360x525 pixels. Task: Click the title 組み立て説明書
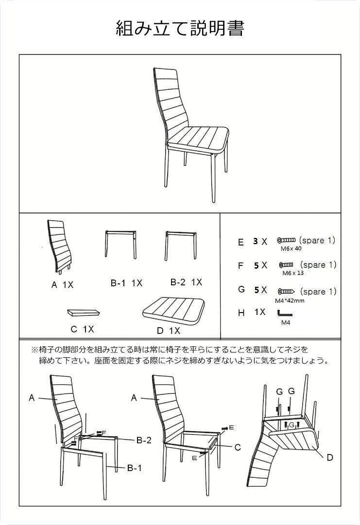point(180,29)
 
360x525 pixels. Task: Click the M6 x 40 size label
point(291,248)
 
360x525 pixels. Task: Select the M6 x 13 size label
point(293,273)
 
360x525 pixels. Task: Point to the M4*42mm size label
point(290,300)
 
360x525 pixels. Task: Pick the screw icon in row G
point(286,291)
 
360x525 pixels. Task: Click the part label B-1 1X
point(126,283)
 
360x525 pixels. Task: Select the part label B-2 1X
point(186,282)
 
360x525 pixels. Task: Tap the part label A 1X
point(62,285)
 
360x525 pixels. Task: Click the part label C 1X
point(82,329)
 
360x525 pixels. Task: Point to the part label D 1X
point(168,331)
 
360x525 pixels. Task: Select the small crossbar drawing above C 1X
point(83,311)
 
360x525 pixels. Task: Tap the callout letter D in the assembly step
point(329,457)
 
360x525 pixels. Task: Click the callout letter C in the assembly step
point(238,447)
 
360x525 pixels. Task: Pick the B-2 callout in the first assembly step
point(144,440)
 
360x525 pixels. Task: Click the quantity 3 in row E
point(255,241)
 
